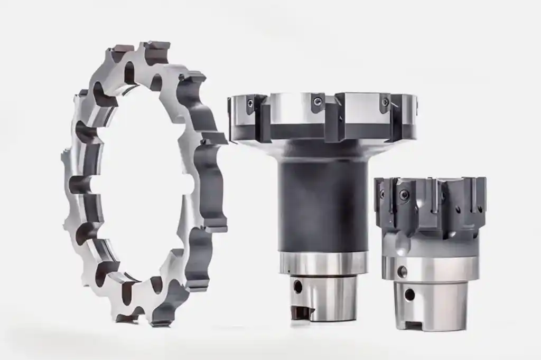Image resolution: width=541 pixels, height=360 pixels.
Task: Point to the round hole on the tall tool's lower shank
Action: tap(298, 287)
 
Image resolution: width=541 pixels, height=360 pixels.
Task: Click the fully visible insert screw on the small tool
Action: tap(404, 195)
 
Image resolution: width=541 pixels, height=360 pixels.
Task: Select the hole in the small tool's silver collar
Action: tap(403, 272)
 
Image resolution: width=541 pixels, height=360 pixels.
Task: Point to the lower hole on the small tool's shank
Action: tap(409, 294)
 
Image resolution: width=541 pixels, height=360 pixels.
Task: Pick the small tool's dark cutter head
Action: tap(431, 203)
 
